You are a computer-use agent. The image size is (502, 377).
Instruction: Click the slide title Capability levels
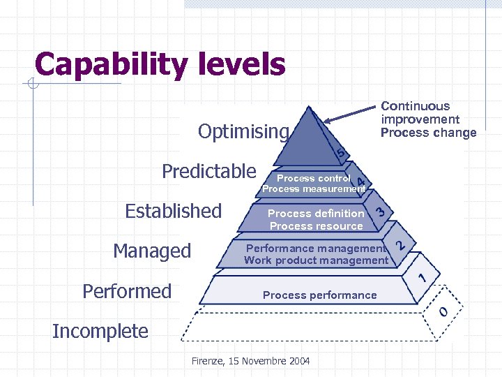(x=160, y=65)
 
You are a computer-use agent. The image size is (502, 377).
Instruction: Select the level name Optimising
(x=243, y=131)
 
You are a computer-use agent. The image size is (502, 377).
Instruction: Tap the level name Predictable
(x=209, y=171)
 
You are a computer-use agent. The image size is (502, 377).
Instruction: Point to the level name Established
(x=173, y=211)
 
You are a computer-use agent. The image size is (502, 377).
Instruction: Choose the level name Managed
(x=152, y=251)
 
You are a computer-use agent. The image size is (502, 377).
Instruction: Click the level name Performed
(x=127, y=290)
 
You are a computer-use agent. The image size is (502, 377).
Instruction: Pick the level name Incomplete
(x=100, y=331)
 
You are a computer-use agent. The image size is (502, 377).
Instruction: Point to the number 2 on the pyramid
(x=401, y=245)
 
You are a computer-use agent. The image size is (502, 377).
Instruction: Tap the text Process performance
(x=319, y=295)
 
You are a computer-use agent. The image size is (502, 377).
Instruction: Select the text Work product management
(x=316, y=260)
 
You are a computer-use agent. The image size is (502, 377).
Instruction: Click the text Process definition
(x=316, y=214)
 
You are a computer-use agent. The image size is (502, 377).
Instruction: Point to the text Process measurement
(x=314, y=189)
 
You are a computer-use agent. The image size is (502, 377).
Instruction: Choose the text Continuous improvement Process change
(x=428, y=119)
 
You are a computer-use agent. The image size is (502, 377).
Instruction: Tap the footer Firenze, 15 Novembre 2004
(x=251, y=361)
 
